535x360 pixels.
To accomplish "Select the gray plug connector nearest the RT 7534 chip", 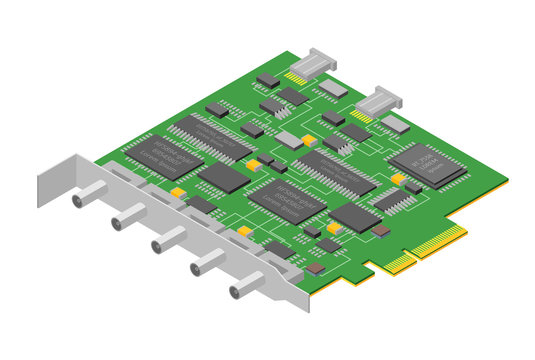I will (x=378, y=100).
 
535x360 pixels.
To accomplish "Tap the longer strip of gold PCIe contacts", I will (x=437, y=241).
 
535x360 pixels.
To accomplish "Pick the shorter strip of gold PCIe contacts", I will (x=398, y=262).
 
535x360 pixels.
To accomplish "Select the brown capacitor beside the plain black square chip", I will (x=380, y=230).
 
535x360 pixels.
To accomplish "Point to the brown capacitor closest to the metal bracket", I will (x=315, y=268).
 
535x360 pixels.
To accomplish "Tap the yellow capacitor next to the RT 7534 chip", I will (x=398, y=179).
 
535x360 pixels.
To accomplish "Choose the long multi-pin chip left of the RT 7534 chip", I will (x=335, y=172).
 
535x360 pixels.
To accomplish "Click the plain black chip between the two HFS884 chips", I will (x=223, y=178).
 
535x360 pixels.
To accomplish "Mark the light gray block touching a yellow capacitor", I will (x=290, y=138).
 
